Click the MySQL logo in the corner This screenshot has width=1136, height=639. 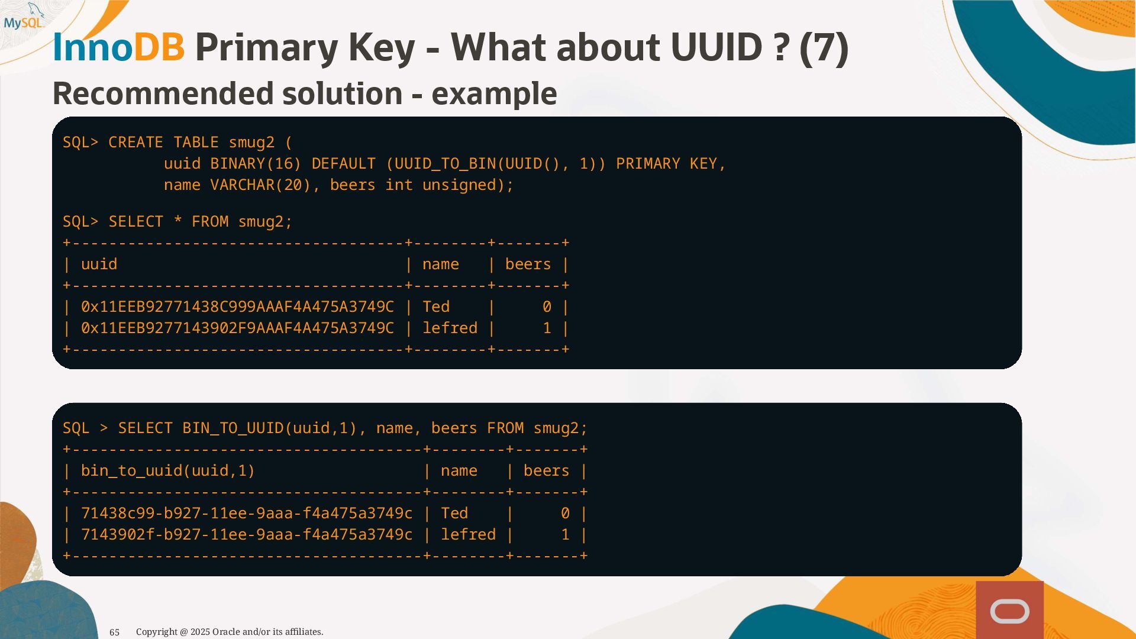point(24,18)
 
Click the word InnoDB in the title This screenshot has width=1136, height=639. point(118,47)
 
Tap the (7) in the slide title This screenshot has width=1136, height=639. point(824,47)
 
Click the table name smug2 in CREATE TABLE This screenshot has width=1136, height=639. point(251,143)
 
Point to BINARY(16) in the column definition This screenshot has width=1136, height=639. point(256,164)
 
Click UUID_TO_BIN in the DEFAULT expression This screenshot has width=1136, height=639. point(445,164)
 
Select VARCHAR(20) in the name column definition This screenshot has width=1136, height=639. point(260,185)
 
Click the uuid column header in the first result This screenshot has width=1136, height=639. point(99,264)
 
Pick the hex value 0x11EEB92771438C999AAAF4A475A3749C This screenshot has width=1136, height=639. point(237,307)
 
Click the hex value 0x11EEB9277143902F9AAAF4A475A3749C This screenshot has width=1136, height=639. point(237,328)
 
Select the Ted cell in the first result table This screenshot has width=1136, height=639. point(436,307)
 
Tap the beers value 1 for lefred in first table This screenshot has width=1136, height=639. point(547,328)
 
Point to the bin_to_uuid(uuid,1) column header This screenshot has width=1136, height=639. point(167,471)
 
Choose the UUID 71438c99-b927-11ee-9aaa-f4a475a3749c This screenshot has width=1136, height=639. point(247,514)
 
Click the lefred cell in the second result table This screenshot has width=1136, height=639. point(468,535)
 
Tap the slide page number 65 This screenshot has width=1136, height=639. point(115,632)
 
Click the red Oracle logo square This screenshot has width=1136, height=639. point(1009,610)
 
